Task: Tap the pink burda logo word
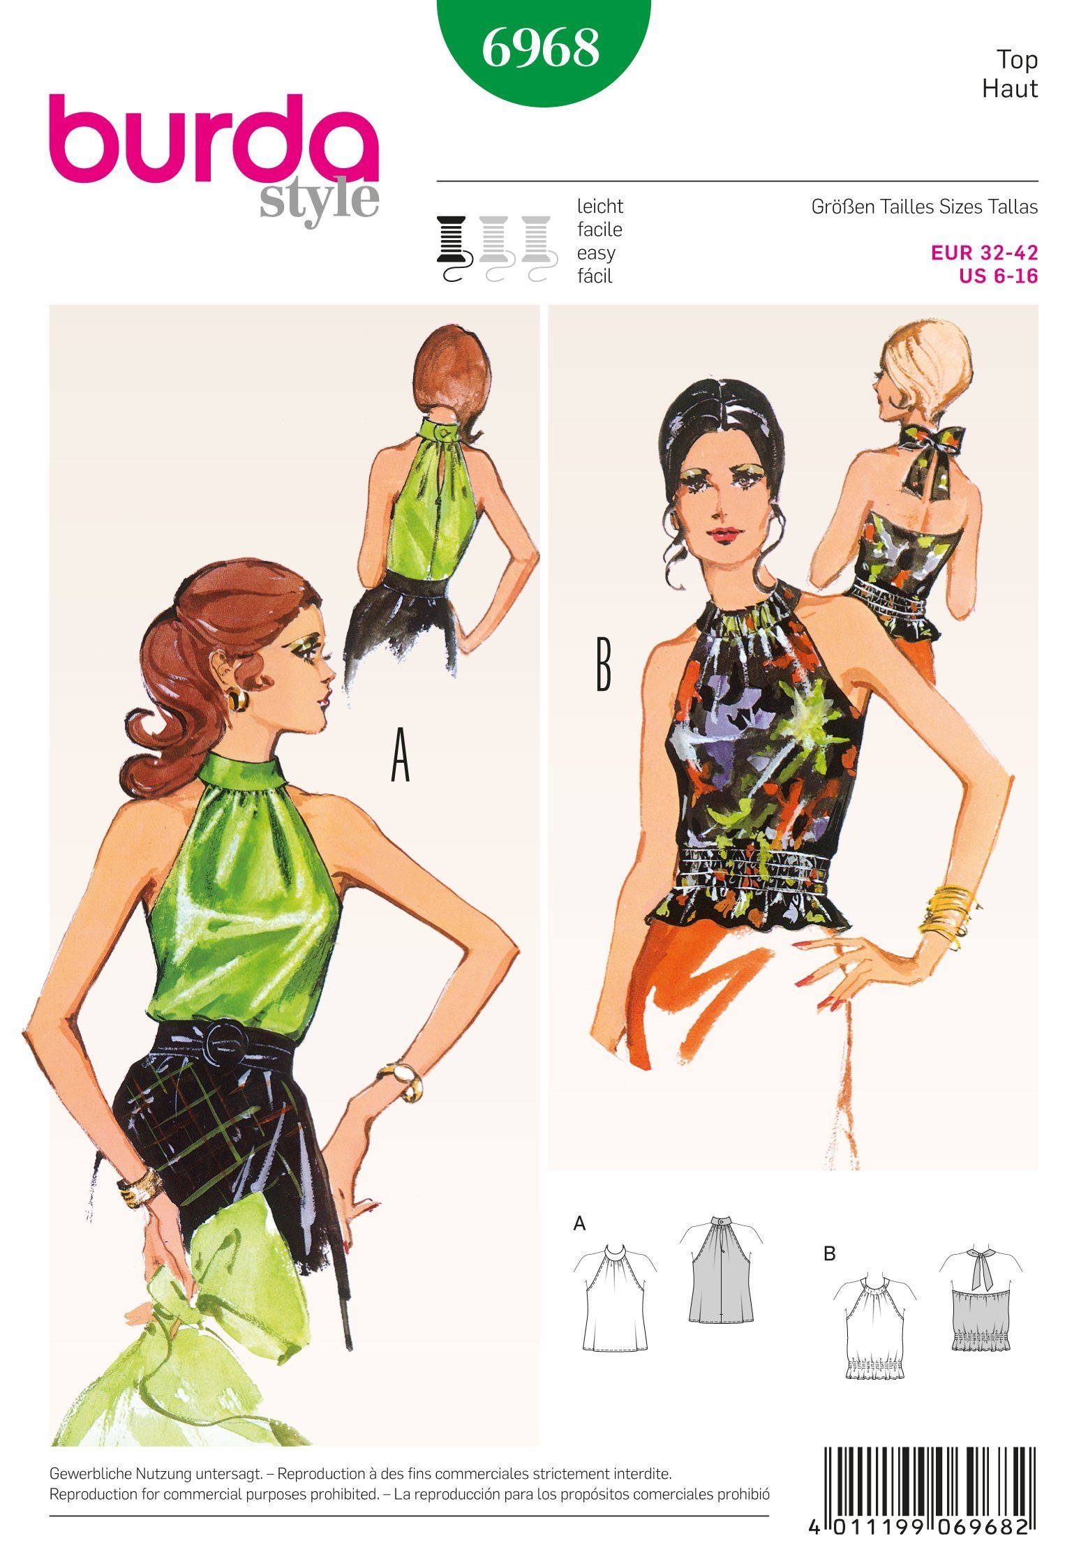213,140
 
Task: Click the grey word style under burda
320,202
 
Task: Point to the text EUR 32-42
985,253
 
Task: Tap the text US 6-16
998,276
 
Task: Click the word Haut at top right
1009,89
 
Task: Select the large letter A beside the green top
400,760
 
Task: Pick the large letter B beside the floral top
603,666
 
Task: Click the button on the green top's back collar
441,432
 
